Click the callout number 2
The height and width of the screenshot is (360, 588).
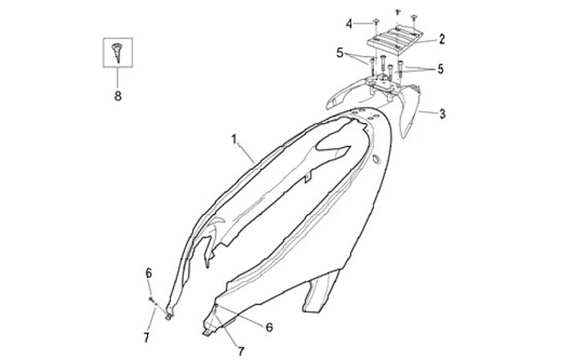[x=442, y=38]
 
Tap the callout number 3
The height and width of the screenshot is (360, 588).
[x=442, y=113]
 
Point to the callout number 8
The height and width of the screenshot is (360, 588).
[x=117, y=95]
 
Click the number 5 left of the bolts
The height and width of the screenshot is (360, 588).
[x=340, y=53]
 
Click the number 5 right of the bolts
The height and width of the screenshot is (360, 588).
[x=440, y=69]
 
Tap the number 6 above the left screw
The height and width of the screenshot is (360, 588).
[x=149, y=273]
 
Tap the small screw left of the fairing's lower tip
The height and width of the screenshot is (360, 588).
[x=153, y=302]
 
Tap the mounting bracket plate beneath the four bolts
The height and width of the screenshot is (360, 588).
[x=385, y=82]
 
